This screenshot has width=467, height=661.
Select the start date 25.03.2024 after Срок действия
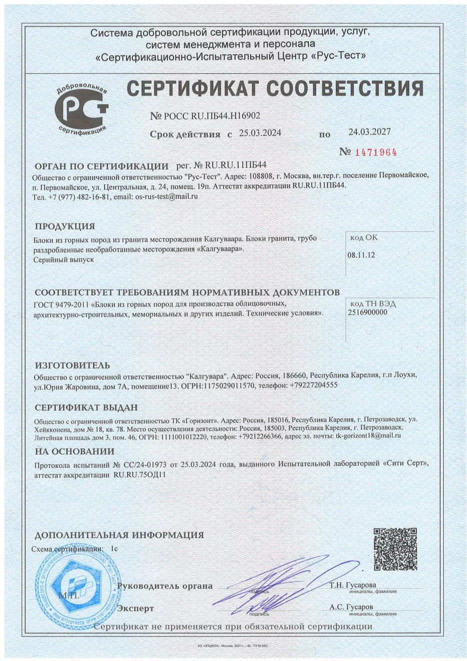260,134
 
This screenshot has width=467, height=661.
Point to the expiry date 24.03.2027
369,132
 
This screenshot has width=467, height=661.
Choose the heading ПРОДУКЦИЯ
64,226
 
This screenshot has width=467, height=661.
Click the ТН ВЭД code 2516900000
368,312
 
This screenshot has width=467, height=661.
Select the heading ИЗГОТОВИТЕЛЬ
72,365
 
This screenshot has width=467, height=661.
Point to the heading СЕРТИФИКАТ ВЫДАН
85,408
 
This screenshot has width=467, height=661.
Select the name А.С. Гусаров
351,606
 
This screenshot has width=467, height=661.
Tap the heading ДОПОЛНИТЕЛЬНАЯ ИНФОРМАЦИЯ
119,535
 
